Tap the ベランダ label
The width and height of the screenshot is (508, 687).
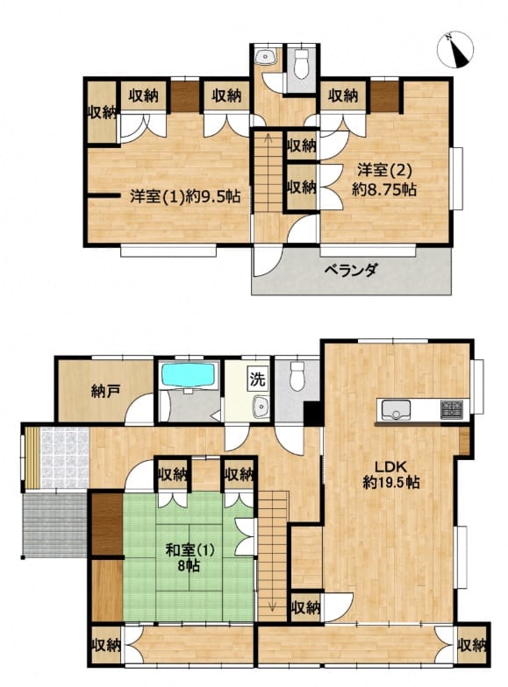(x=351, y=270)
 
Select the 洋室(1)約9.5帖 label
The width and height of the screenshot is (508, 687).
(x=184, y=196)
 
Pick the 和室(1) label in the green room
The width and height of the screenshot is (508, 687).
(x=190, y=550)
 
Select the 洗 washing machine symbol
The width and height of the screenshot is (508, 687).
(x=258, y=379)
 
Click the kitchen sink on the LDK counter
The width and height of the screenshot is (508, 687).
(x=395, y=410)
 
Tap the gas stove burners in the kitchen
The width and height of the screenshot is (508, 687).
(x=449, y=408)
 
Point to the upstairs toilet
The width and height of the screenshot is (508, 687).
(x=301, y=64)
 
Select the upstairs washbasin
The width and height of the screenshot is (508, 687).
(x=266, y=57)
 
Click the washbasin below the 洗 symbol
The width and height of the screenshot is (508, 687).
(x=261, y=407)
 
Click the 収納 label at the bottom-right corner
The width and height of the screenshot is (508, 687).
(x=472, y=645)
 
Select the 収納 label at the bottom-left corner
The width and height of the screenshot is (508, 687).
(x=107, y=645)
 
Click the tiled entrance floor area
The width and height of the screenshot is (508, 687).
(x=65, y=458)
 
